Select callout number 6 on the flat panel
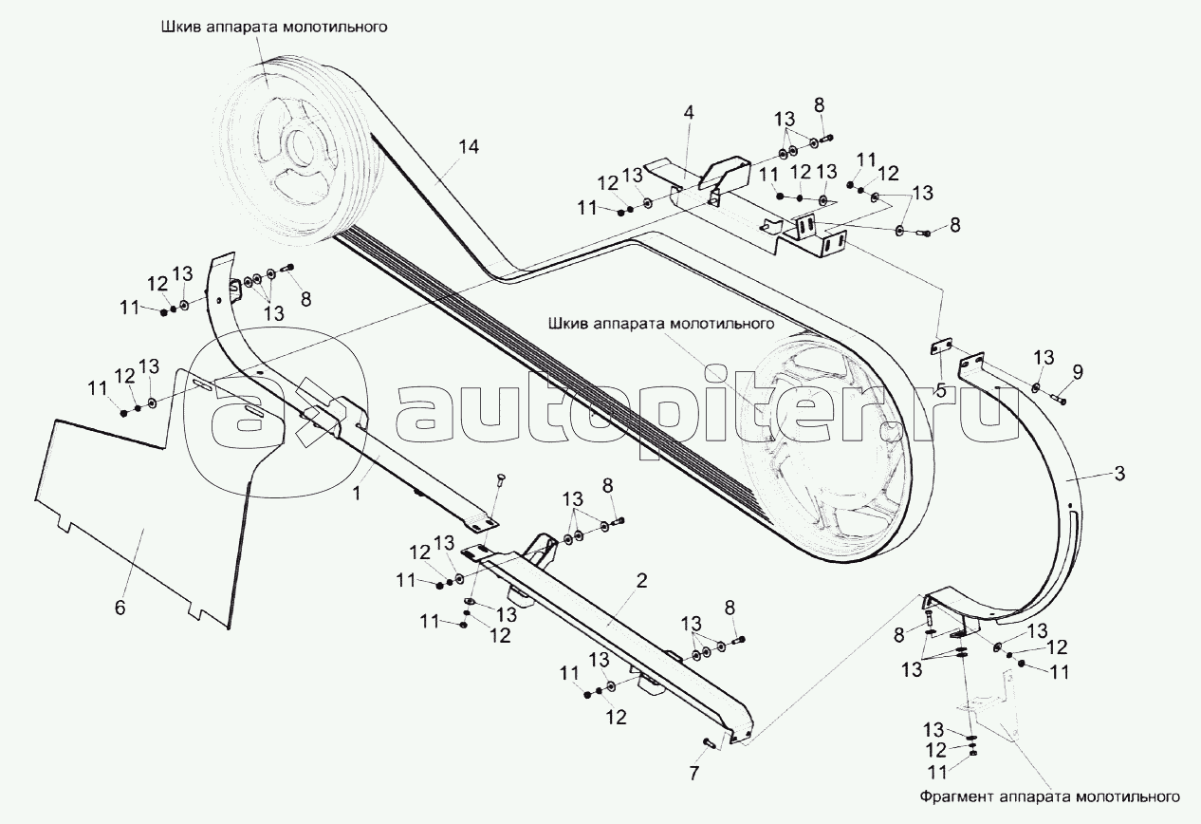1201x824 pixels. (120, 608)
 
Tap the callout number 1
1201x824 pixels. (356, 492)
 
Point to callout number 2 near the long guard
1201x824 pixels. (641, 582)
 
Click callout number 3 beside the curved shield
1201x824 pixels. (1119, 474)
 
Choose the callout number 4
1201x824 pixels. (689, 112)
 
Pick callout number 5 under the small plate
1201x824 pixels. (940, 388)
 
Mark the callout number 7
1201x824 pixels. (693, 774)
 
